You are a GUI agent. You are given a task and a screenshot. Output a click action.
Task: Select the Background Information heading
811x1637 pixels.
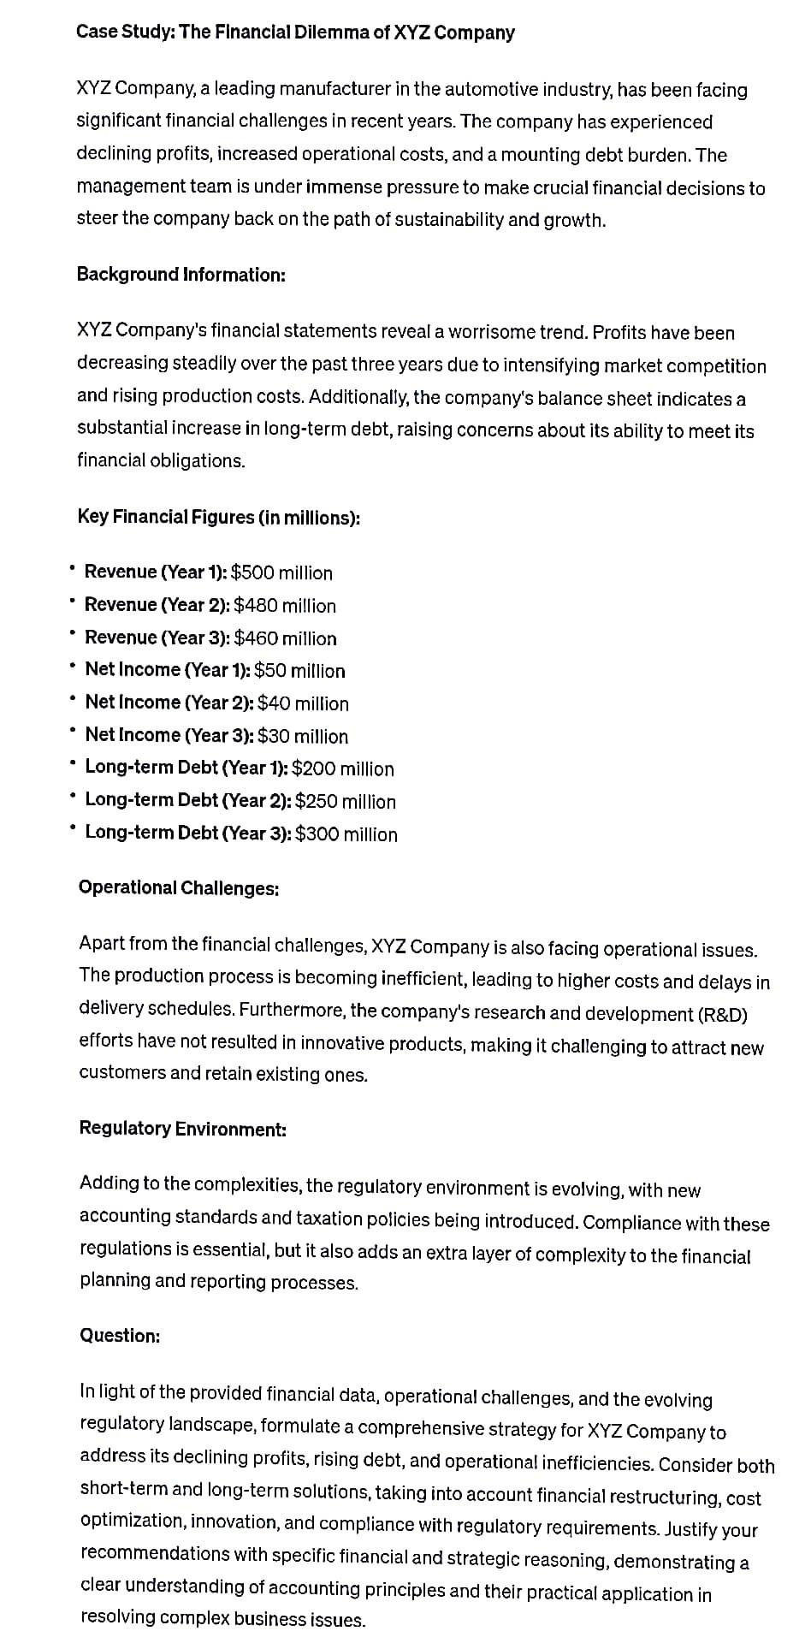coord(181,275)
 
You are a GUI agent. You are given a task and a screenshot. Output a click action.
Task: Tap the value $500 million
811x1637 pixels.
coord(281,572)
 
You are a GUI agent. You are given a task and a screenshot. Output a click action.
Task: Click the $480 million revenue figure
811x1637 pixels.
coord(285,606)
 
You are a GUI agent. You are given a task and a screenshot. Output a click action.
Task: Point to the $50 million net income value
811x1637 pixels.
coord(299,670)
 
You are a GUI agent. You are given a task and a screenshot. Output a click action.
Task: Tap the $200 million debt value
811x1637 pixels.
coord(342,768)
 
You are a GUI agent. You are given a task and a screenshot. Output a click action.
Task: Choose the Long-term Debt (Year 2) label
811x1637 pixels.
coord(188,801)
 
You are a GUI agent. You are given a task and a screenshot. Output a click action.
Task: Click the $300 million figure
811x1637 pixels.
coord(346,834)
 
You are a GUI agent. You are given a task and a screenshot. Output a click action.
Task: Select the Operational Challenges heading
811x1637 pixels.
coord(179,888)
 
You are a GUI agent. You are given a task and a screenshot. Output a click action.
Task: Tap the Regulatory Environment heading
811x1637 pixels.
coord(182,1129)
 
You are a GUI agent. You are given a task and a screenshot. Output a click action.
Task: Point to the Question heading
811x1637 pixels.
coord(120,1336)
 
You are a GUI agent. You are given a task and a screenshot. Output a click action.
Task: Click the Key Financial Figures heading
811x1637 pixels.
coord(218,517)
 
